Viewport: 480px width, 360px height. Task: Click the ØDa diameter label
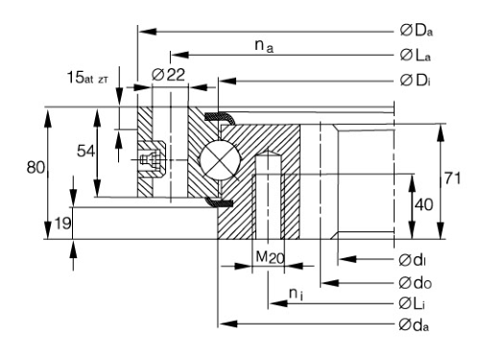tap(417, 31)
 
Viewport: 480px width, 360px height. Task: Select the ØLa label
tap(416, 56)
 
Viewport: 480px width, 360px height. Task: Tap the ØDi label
tap(415, 81)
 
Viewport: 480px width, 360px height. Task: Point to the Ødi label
tap(412, 260)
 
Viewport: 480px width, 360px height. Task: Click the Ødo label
tap(416, 283)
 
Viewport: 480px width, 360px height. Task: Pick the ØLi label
tap(412, 303)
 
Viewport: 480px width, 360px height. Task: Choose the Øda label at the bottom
tap(414, 325)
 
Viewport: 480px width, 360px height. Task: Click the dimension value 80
tap(36, 167)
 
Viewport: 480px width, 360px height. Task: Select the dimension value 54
tap(85, 151)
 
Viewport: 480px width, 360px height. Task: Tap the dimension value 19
tap(63, 223)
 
